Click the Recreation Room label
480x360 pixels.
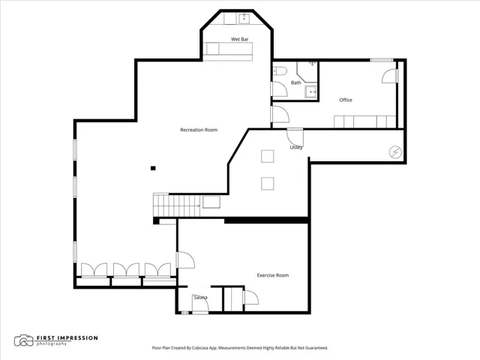[x=199, y=130]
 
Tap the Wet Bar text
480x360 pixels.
[x=240, y=39]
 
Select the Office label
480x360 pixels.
[x=346, y=100]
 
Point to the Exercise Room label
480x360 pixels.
[x=273, y=275]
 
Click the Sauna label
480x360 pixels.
[x=200, y=297]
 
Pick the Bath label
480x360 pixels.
[x=295, y=82]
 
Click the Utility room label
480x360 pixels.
[x=296, y=148]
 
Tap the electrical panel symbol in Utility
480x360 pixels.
[x=395, y=151]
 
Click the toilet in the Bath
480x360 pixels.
[x=280, y=71]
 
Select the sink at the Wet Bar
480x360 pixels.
[x=244, y=18]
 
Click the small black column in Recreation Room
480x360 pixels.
[x=153, y=168]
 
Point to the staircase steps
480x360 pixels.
[x=177, y=205]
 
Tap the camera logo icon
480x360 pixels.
[x=23, y=340]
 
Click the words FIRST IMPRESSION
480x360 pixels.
[x=67, y=338]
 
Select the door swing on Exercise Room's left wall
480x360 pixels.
[x=186, y=260]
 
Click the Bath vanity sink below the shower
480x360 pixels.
[x=311, y=91]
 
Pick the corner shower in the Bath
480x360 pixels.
[x=307, y=72]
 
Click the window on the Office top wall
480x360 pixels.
[x=382, y=60]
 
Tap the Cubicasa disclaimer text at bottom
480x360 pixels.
[x=240, y=348]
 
